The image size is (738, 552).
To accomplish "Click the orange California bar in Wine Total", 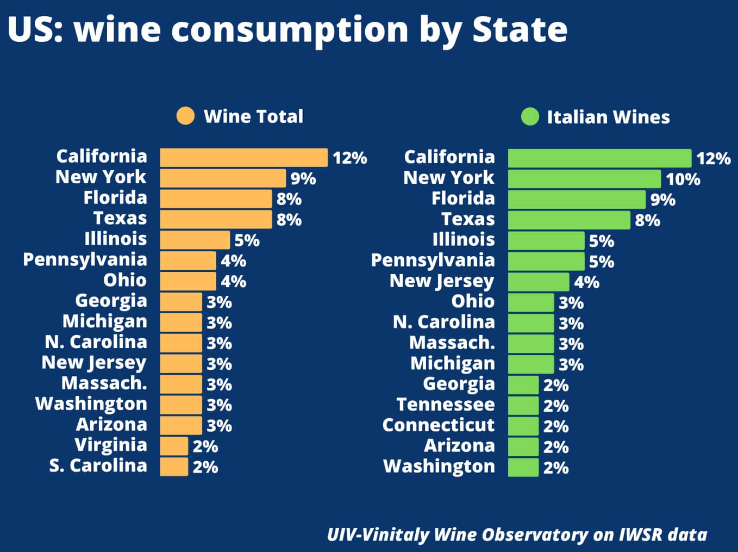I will coord(244,158).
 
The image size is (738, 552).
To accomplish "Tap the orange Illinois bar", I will coord(195,240).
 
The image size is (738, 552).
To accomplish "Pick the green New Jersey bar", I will coord(539,282).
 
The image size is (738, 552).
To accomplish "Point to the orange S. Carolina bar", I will coord(174,467).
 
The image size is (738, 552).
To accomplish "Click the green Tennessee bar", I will coord(523,406).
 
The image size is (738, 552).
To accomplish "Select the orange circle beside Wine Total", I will coord(185,116).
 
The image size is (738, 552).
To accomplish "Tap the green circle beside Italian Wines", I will coord(530,116).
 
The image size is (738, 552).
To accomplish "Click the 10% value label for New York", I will coord(683,179).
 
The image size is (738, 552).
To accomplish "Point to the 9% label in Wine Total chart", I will coord(303,178).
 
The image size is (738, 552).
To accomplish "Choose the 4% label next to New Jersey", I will coord(587,282).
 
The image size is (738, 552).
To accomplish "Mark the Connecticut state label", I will coord(439,425).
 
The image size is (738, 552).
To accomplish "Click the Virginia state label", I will coord(111,445).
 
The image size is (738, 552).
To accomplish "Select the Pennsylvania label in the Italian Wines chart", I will coord(433,261).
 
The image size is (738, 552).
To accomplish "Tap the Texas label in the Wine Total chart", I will coord(120,218).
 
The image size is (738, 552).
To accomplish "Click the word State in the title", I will coord(520,29).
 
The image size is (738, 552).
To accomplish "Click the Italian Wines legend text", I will coord(608,117).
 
